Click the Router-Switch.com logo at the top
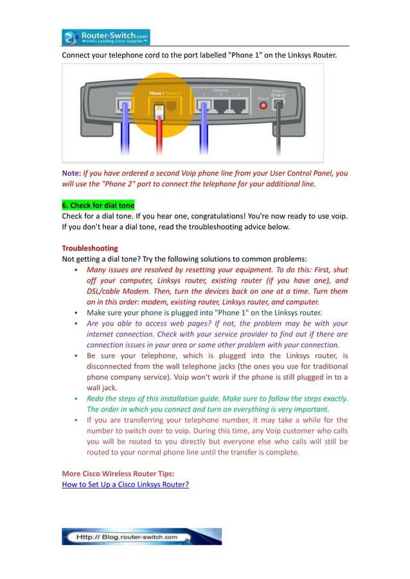tap(106, 37)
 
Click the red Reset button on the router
tap(262, 105)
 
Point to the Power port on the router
tap(278, 104)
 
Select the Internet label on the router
tap(125, 93)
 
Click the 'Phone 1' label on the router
tap(156, 93)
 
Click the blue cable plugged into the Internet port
tap(125, 135)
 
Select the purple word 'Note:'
tap(71, 173)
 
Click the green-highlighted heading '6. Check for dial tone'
tap(98, 205)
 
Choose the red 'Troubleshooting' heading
tap(90, 248)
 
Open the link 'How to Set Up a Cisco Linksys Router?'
tap(125, 484)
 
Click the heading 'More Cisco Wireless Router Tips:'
tap(118, 474)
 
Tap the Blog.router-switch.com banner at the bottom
tap(141, 537)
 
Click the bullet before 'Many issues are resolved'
tap(76, 270)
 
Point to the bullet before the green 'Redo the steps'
tap(76, 399)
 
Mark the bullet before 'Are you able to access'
tap(76, 324)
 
